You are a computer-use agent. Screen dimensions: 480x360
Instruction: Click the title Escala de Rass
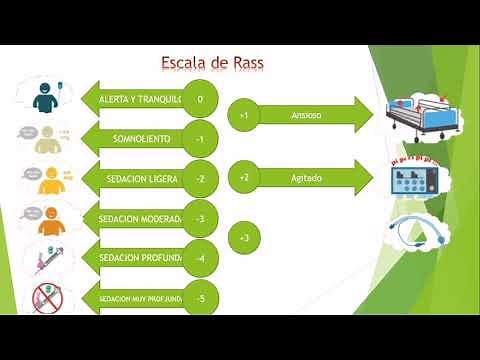point(213,65)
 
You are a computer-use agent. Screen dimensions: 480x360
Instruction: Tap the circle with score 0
point(201,99)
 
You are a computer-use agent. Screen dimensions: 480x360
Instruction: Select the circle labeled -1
point(201,139)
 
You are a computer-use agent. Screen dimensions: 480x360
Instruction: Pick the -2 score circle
point(201,179)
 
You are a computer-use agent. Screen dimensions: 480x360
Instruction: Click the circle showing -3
point(201,219)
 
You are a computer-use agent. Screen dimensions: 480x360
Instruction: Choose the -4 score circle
point(201,258)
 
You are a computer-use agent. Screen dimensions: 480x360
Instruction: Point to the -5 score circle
point(201,298)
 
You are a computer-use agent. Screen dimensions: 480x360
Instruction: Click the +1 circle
point(245,116)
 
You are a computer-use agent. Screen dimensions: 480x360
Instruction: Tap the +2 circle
point(245,177)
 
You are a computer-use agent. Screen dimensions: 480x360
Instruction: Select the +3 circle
point(245,238)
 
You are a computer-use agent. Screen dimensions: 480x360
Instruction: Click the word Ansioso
point(305,116)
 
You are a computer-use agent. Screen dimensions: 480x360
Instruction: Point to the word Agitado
point(305,177)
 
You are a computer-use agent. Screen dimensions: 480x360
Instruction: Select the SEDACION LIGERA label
point(142,179)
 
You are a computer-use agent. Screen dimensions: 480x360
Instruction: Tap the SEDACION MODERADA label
point(140,219)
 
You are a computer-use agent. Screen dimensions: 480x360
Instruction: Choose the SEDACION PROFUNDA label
point(140,258)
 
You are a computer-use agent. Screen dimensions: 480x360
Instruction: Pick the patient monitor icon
point(418,180)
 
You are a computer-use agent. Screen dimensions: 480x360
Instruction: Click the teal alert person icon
point(42,97)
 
